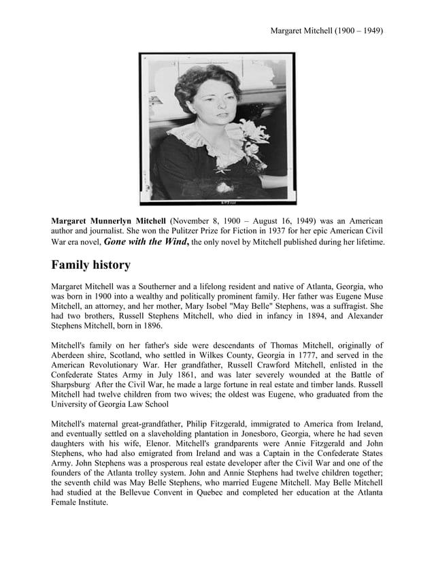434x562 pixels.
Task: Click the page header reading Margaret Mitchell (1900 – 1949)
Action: (327, 31)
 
